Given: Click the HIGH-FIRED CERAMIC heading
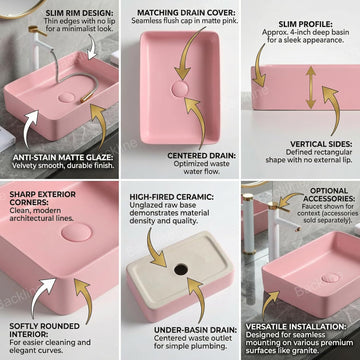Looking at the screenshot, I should pos(181,197).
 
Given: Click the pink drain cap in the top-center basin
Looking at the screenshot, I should pos(180,89).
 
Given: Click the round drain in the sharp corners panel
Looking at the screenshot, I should pos(73,236).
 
